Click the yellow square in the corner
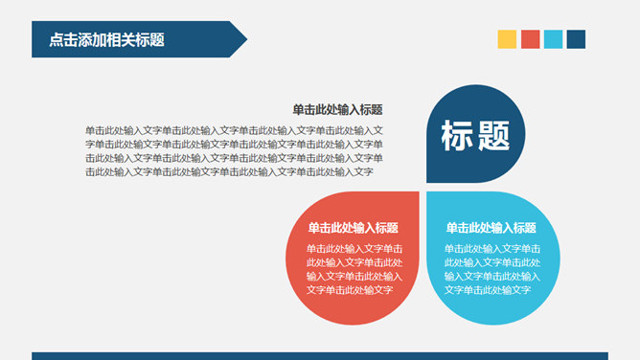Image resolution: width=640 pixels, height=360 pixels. tap(507, 39)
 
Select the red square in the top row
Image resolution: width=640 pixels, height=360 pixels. tap(530, 39)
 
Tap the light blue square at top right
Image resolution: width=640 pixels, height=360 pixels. tap(553, 39)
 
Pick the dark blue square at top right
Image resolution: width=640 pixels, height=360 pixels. tap(576, 39)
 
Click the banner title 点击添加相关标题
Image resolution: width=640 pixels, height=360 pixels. tap(106, 39)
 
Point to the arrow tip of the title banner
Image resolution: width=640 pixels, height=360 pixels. tap(244, 39)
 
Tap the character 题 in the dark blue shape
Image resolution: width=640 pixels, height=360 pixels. tap(493, 136)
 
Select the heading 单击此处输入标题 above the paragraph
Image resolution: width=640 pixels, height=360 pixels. tap(337, 110)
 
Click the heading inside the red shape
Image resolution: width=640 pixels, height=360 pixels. tap(353, 228)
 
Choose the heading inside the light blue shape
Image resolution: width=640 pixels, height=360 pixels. tap(491, 228)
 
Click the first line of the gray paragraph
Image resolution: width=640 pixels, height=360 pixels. tap(234, 130)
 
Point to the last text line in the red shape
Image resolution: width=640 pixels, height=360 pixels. tap(351, 289)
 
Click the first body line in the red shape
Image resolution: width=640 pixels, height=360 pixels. tap(354, 249)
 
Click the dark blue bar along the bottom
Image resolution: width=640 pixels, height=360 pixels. tap(319, 355)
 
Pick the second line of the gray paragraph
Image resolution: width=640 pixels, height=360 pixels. tap(234, 144)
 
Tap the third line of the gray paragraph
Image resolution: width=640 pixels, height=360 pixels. tap(234, 158)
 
